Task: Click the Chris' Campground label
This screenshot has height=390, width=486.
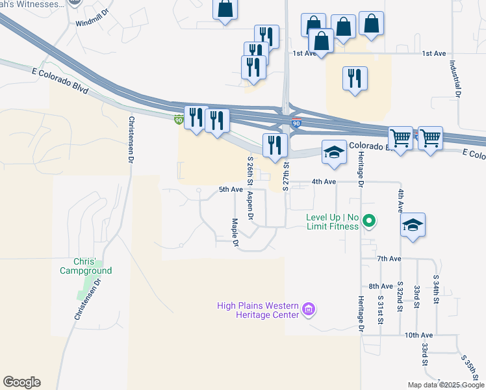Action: click(x=86, y=266)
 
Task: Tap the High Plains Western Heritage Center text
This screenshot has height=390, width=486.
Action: click(x=258, y=310)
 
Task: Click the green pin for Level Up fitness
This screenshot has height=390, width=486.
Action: click(x=369, y=222)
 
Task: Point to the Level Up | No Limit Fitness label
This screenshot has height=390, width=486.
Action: click(x=332, y=222)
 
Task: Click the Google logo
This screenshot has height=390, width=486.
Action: click(x=21, y=382)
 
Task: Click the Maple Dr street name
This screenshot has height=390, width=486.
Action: click(x=235, y=233)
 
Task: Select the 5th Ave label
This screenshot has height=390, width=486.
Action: click(x=231, y=190)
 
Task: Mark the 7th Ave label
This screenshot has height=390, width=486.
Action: click(x=389, y=259)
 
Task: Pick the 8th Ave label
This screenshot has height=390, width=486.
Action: click(x=381, y=286)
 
